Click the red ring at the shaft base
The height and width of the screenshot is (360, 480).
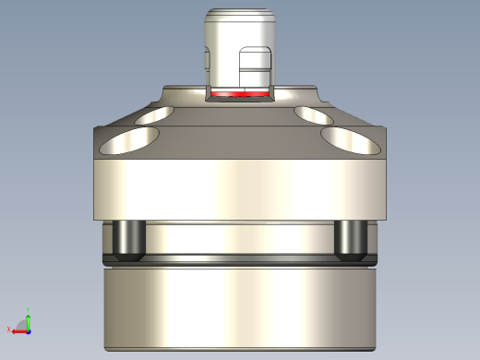click(239, 94)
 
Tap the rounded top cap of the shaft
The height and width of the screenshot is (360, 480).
click(239, 18)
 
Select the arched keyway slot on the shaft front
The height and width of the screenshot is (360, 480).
click(256, 68)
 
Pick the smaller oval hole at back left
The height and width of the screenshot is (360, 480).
click(153, 115)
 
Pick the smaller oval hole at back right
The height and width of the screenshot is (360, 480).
click(314, 114)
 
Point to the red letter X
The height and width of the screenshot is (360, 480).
click(8, 330)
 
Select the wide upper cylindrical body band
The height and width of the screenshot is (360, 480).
click(239, 189)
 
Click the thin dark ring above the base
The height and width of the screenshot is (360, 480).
click(239, 260)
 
